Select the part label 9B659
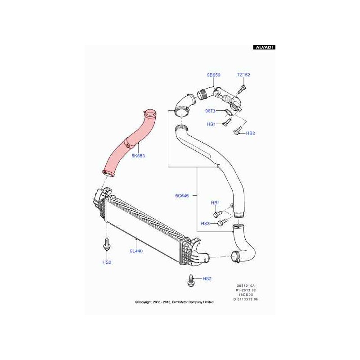[213, 75]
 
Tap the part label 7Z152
[243, 75]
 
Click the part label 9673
[211, 111]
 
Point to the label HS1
[211, 124]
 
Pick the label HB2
[250, 133]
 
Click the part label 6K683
[138, 156]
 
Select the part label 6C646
[182, 196]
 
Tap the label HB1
[215, 203]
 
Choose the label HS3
[205, 224]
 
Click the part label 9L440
[136, 251]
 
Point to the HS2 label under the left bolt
[107, 262]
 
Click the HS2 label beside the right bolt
[207, 279]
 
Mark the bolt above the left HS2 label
[107, 245]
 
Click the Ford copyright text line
[174, 302]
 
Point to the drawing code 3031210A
[246, 285]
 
